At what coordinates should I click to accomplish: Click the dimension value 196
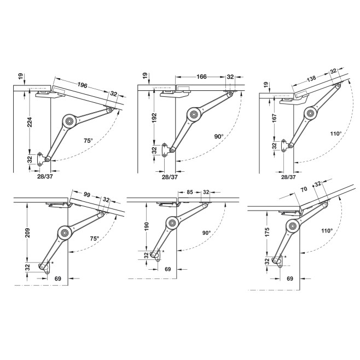(83, 85)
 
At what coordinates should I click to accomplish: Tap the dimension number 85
(189, 192)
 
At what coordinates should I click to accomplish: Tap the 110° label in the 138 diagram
(335, 133)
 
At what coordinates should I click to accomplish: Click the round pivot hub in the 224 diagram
(69, 119)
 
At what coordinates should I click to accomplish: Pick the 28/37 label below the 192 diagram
(170, 177)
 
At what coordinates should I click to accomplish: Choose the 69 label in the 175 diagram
(291, 278)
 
